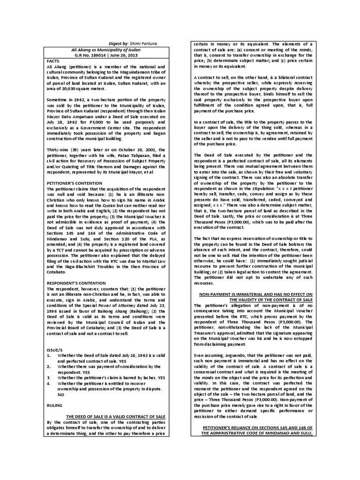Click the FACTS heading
pyautogui.click(x=55, y=61)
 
